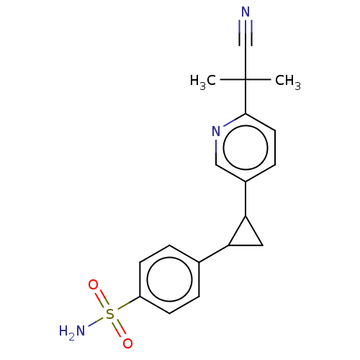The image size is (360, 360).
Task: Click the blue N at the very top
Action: [246, 12]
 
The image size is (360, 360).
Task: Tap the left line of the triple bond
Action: [242, 27]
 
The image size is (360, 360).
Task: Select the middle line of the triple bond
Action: [246, 27]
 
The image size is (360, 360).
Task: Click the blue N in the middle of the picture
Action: [215, 132]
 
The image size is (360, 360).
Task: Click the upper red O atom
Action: [93, 284]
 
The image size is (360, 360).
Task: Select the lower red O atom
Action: [127, 344]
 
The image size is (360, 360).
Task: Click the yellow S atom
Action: [110, 315]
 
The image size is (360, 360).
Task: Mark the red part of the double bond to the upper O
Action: [99, 294]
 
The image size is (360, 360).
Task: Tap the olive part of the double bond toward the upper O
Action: [104, 304]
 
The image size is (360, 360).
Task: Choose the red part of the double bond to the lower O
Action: [122, 335]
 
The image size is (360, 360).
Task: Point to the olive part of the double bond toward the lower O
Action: [117, 325]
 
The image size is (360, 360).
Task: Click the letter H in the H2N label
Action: [63, 331]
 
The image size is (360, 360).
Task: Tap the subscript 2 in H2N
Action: [71, 335]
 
